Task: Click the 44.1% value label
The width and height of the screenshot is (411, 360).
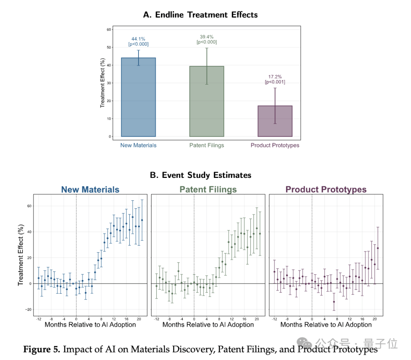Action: click(138, 39)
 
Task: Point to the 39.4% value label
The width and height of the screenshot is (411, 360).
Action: click(207, 37)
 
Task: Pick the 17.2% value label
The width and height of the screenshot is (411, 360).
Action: click(275, 77)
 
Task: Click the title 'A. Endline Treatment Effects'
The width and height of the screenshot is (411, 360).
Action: click(200, 15)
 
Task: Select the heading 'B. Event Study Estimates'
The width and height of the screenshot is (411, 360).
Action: click(201, 175)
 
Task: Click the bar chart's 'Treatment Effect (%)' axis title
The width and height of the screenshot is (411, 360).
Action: click(102, 82)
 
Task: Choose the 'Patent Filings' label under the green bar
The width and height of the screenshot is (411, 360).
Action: click(207, 145)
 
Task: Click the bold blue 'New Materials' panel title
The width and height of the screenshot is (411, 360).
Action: click(90, 190)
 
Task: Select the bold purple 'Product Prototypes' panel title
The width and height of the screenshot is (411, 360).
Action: click(326, 190)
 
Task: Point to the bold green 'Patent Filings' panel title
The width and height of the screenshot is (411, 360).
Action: click(208, 190)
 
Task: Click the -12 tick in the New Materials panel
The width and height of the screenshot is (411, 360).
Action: click(38, 319)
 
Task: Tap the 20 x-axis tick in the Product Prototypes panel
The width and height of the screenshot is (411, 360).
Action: click(374, 319)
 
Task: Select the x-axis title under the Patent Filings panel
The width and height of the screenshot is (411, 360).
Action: click(208, 325)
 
